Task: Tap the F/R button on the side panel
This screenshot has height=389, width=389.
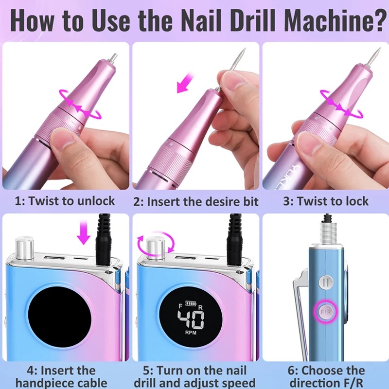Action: coord(325,312)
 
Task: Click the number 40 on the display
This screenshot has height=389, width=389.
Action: coord(191,319)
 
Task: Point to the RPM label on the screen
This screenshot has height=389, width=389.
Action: coord(191,333)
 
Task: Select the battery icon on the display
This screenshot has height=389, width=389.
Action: coord(191,303)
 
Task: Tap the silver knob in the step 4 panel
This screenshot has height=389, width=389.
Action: coord(25,248)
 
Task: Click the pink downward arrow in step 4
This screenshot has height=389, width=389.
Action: coord(84,232)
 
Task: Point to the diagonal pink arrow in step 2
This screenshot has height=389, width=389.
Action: coord(185,82)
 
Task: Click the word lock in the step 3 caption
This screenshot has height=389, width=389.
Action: coord(356,201)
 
